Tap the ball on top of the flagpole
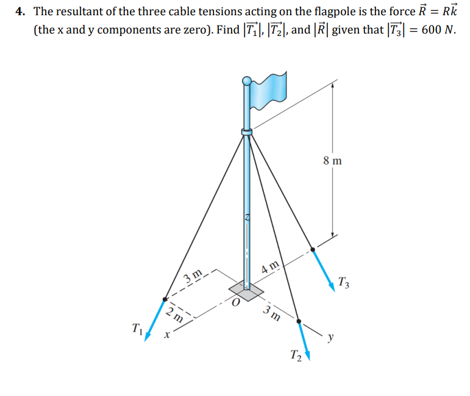pos(247,80)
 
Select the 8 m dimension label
pos(333,161)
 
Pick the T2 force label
pos(296,355)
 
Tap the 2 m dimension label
pos(174,315)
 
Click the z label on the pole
pos(247,217)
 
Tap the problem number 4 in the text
pos(20,12)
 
